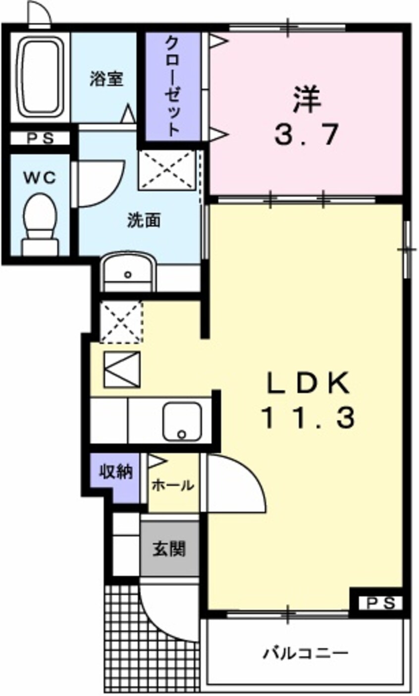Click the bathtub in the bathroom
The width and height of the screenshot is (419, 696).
click(x=41, y=78)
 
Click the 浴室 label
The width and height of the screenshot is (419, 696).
click(x=106, y=79)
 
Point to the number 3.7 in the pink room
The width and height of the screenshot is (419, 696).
click(x=306, y=135)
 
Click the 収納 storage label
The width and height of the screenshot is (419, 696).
click(x=116, y=472)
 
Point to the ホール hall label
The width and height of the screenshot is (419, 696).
click(x=173, y=485)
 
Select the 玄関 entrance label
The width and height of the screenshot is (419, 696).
click(x=169, y=549)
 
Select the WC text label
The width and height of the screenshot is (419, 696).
click(x=40, y=178)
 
